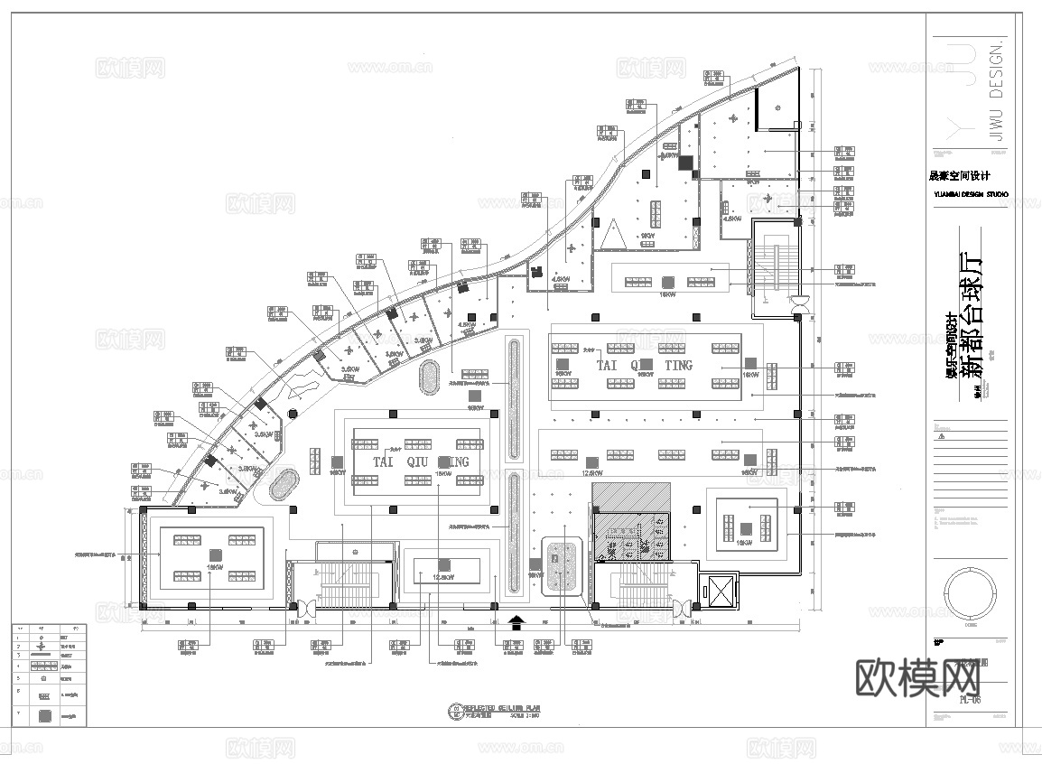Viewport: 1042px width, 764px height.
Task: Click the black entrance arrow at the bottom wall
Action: point(516,622)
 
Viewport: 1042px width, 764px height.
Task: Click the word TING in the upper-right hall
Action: point(678,365)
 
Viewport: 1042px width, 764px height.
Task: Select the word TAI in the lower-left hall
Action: point(385,461)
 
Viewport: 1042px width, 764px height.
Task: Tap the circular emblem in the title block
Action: point(971,592)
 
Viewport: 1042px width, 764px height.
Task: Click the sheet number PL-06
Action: point(972,697)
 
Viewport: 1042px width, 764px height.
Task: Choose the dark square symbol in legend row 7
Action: point(42,715)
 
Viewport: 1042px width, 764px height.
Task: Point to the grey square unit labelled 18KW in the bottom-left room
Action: point(215,554)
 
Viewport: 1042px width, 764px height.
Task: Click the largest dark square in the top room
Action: point(687,163)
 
